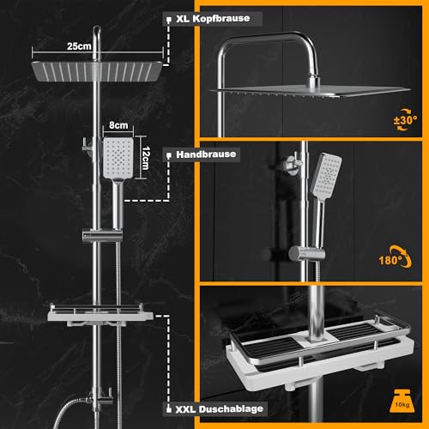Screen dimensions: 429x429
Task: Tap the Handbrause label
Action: click(x=205, y=154)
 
